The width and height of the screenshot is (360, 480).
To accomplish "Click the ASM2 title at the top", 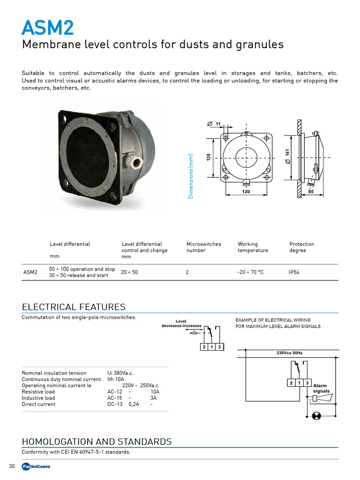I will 47,28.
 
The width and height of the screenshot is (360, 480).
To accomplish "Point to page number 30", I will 12,466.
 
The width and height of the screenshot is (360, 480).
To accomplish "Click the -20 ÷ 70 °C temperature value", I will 250,272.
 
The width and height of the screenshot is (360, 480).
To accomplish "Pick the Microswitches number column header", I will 203,247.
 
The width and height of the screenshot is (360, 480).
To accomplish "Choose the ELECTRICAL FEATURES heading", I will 74,307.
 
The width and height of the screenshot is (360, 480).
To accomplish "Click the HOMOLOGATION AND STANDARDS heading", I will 97,442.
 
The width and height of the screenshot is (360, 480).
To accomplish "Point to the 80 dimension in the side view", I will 310,192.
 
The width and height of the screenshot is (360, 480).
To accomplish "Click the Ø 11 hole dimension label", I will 214,123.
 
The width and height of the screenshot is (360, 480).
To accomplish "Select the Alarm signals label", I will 321,389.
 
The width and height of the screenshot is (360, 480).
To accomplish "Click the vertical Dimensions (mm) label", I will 191,176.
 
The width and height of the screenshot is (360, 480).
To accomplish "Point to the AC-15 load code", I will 114,398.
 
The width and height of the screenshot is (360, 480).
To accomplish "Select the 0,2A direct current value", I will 134,404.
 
